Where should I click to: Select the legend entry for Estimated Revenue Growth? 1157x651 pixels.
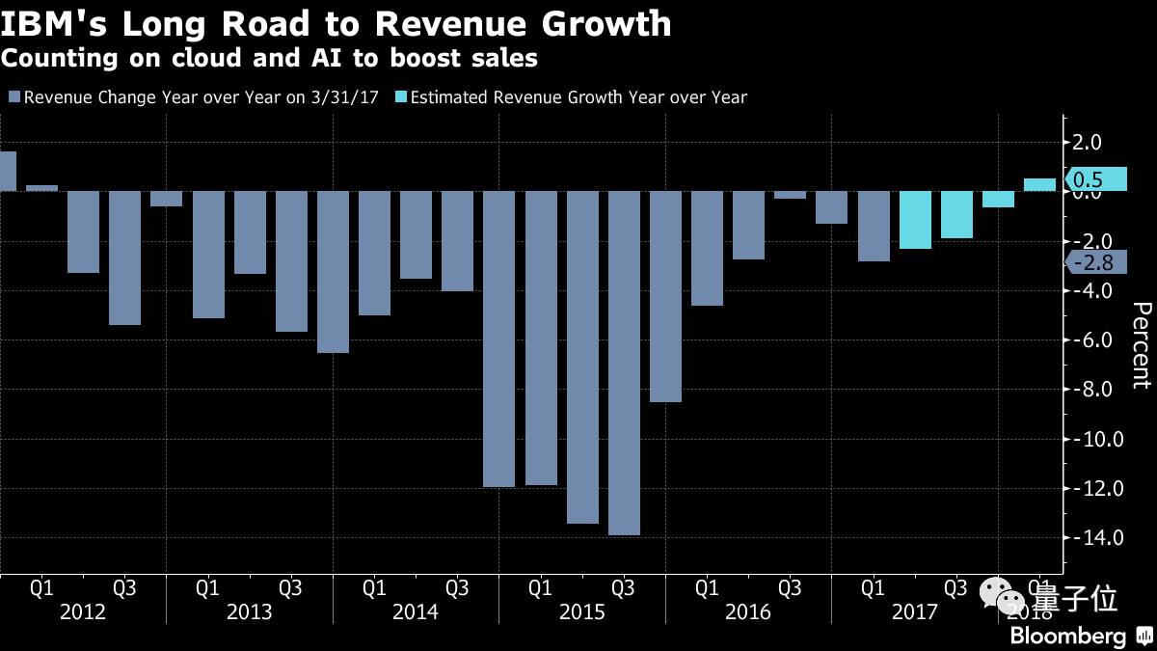578,96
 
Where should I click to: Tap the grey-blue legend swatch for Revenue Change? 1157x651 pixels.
14,96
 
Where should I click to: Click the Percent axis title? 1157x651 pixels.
1141,345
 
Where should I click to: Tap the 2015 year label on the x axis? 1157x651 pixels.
582,612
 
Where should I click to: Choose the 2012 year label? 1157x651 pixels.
83,612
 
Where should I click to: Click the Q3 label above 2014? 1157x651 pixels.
457,586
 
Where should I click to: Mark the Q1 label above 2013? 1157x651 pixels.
207,586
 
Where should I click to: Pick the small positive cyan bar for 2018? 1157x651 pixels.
1039,185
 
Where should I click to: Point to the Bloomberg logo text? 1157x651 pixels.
1067,637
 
